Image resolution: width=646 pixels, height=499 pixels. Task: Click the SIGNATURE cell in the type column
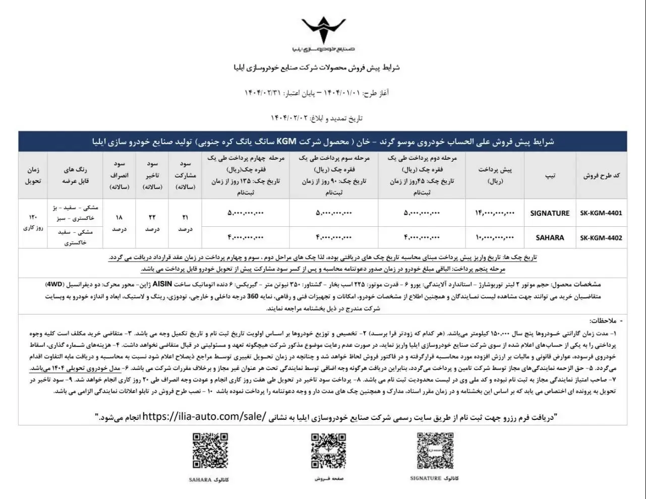550,213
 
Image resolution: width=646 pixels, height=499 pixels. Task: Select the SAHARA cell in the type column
550,237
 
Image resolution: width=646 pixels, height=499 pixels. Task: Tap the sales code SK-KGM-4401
601,213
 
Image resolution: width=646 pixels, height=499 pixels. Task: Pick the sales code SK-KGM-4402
601,237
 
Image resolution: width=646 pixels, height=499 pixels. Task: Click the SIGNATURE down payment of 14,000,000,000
494,213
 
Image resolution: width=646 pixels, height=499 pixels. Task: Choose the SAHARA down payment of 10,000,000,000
494,237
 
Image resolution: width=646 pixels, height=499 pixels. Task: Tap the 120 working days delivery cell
33,222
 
